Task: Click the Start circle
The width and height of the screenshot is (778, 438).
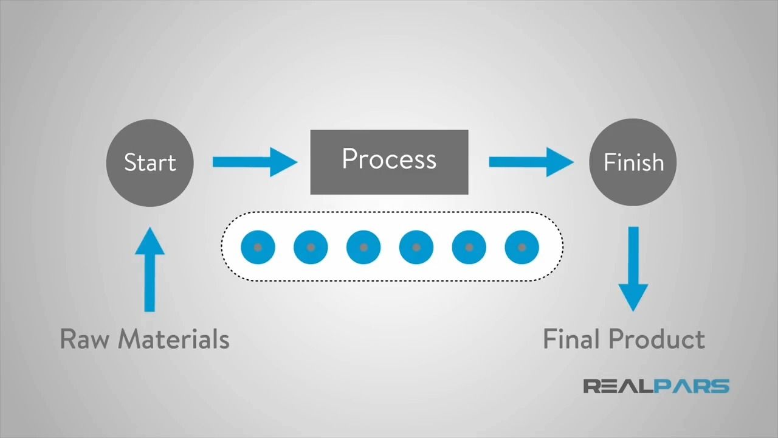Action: coord(150,162)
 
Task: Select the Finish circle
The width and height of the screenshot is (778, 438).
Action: coord(633,162)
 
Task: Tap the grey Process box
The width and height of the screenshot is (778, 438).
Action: coord(389,162)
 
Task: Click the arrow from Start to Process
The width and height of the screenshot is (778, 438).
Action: coord(255,162)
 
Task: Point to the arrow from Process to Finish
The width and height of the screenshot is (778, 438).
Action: coord(531,162)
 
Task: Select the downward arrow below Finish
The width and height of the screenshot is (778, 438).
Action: coord(633,268)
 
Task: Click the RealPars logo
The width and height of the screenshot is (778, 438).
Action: coord(656,386)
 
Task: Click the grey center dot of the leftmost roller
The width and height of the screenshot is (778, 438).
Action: coord(258,248)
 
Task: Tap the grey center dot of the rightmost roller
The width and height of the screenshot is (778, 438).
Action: coord(522,248)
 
